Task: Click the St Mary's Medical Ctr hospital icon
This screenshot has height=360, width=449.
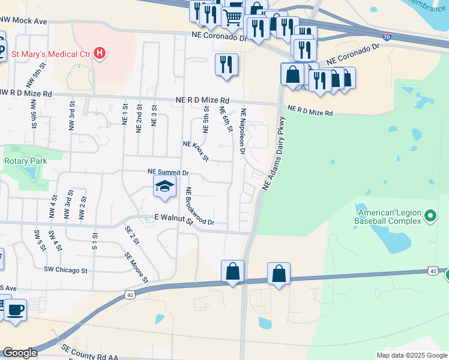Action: click(x=100, y=53)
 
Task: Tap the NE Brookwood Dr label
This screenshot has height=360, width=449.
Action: click(x=199, y=207)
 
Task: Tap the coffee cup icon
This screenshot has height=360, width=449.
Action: click(x=16, y=310)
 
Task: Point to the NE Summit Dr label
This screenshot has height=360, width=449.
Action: click(x=168, y=172)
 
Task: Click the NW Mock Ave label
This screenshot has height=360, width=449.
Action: click(x=24, y=21)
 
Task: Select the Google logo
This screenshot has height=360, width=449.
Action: click(x=20, y=353)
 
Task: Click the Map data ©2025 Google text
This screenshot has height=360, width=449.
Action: click(x=412, y=355)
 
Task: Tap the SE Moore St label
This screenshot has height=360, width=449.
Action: click(x=136, y=266)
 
